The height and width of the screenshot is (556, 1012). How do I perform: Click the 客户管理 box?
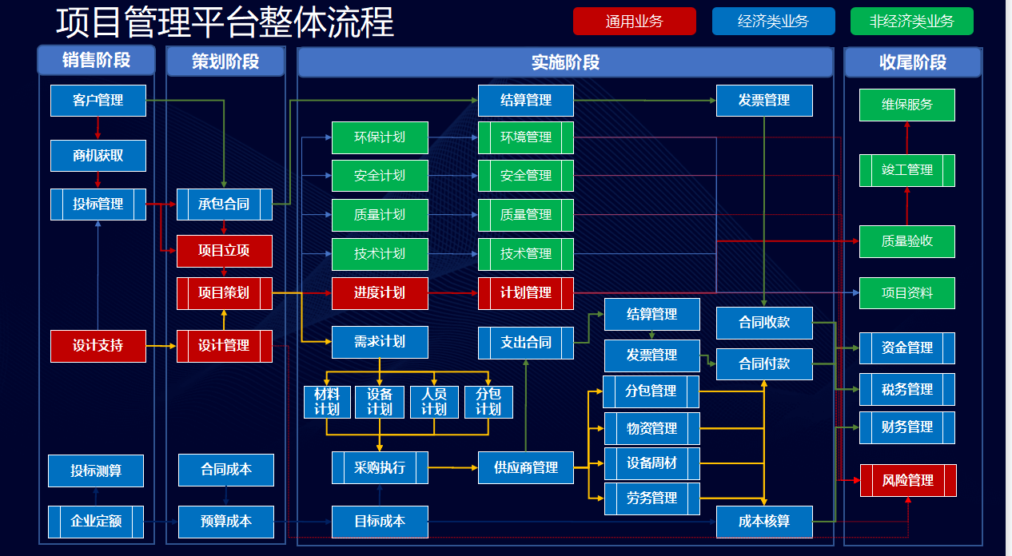pos(98,101)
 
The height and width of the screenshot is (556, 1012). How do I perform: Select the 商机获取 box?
pos(98,156)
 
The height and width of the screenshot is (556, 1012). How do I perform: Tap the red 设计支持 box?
pos(98,346)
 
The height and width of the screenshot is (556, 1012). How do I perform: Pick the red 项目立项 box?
pos(224,251)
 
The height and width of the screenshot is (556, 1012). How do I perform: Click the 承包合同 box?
pos(224,205)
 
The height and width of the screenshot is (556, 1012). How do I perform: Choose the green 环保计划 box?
pos(380,137)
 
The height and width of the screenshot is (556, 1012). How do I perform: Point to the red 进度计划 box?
pos(380,293)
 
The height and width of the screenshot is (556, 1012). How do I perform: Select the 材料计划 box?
pos(327,402)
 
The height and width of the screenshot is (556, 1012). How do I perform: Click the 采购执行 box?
pos(380,467)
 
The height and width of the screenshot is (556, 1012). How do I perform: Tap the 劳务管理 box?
pos(651,498)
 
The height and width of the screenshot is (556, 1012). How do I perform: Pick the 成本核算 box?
pos(764,522)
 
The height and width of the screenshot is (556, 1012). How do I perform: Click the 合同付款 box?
pos(764,364)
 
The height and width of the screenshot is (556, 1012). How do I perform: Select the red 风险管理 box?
pos(908,481)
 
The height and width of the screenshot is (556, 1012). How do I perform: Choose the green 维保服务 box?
pos(907,105)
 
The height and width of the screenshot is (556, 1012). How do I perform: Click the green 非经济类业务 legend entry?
pos(912,22)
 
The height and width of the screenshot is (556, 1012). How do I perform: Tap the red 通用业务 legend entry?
pos(634,22)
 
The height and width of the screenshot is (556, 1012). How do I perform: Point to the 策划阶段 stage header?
pos(225,62)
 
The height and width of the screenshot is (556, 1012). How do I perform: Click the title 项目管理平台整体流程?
pos(225,22)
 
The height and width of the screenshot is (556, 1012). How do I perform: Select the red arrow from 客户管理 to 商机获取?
pos(98,128)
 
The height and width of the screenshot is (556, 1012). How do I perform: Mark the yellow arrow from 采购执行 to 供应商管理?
pos(453,467)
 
